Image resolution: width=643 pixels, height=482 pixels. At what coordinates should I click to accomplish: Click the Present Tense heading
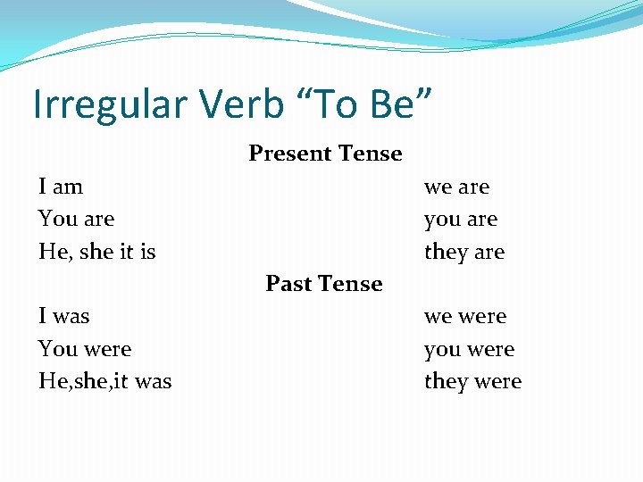pyautogui.click(x=325, y=154)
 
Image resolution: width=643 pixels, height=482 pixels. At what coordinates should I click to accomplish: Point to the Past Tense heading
pyautogui.click(x=324, y=284)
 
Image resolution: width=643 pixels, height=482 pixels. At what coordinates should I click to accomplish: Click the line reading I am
pyautogui.click(x=61, y=187)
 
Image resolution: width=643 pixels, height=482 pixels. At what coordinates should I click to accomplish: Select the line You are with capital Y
pyautogui.click(x=76, y=219)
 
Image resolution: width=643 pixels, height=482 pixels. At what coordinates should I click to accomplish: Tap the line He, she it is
pyautogui.click(x=96, y=252)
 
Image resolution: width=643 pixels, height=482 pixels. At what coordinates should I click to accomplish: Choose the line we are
pyautogui.click(x=456, y=187)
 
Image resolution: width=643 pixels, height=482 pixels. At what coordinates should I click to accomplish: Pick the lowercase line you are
pyautogui.click(x=460, y=220)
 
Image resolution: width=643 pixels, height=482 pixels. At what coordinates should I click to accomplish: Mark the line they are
pyautogui.click(x=463, y=252)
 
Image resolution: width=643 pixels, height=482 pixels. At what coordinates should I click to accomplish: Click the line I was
pyautogui.click(x=63, y=316)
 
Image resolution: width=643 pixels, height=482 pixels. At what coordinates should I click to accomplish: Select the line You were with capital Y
pyautogui.click(x=84, y=349)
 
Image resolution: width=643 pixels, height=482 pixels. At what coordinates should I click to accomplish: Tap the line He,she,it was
pyautogui.click(x=104, y=381)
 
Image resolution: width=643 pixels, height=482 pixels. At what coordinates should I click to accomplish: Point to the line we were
pyautogui.click(x=464, y=317)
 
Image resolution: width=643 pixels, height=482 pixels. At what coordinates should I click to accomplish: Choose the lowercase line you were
pyautogui.click(x=469, y=350)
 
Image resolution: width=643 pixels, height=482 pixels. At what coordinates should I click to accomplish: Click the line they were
pyautogui.click(x=472, y=382)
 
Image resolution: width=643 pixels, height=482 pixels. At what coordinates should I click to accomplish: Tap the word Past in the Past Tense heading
pyautogui.click(x=287, y=284)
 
